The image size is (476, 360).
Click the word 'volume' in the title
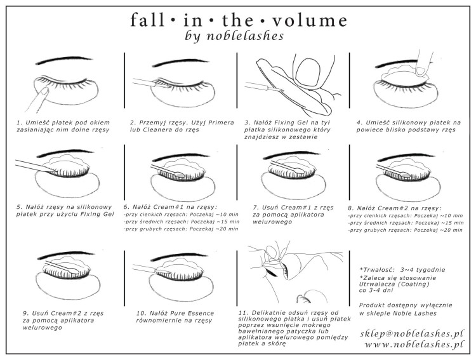pos(308,19)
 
